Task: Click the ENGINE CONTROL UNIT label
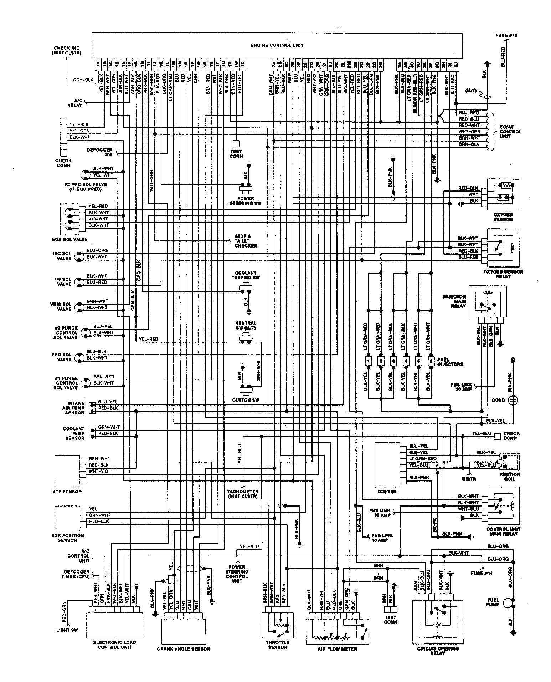click(277, 45)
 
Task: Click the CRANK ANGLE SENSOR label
click(183, 649)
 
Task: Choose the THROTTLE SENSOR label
click(277, 645)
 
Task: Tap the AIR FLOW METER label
click(337, 649)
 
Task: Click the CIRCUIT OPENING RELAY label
click(438, 651)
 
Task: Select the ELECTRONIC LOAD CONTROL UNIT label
click(114, 645)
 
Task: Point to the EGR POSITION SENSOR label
click(68, 538)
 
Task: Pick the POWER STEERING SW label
click(244, 201)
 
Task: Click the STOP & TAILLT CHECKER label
click(246, 241)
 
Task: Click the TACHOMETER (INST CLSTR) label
click(242, 494)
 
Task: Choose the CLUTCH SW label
click(246, 400)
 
